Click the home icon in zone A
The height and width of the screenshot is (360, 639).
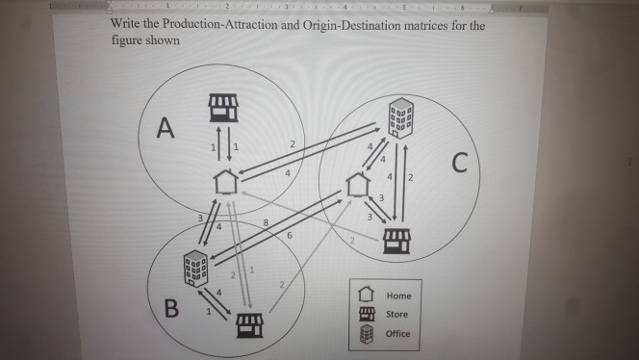pyautogui.click(x=225, y=180)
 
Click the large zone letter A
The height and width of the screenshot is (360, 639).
pyautogui.click(x=166, y=128)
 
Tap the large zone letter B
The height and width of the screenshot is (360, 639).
pyautogui.click(x=171, y=309)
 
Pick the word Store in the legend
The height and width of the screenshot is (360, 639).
pyautogui.click(x=396, y=315)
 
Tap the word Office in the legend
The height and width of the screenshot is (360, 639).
pyautogui.click(x=397, y=334)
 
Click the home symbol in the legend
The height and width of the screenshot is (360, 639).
pyautogui.click(x=366, y=296)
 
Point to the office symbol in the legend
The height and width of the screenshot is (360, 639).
pyautogui.click(x=366, y=335)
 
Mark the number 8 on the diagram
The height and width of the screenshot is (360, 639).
pyautogui.click(x=267, y=223)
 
